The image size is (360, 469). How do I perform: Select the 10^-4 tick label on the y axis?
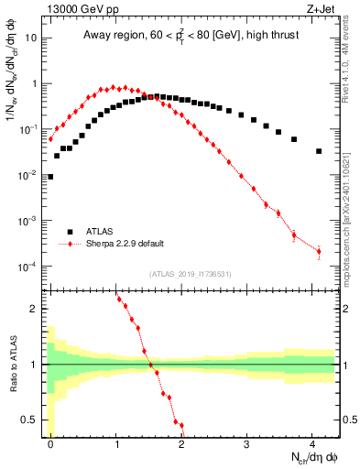click(x=29, y=267)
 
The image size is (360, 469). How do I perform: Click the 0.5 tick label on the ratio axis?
click(x=32, y=420)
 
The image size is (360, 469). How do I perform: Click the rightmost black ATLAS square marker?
click(x=319, y=151)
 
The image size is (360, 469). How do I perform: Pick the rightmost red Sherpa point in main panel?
click(x=319, y=251)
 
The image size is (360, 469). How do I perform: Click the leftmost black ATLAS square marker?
click(x=50, y=177)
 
